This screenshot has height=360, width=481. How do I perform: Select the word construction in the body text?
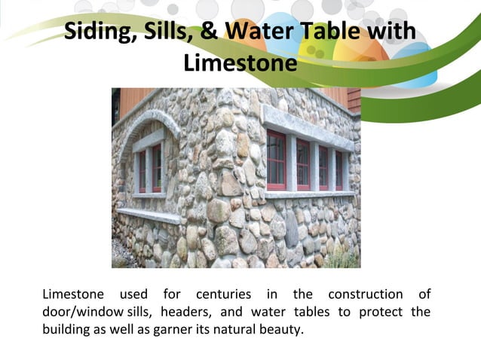(361, 294)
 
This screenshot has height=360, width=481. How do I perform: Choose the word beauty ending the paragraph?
(281, 330)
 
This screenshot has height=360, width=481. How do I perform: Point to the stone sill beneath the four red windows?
(310, 194)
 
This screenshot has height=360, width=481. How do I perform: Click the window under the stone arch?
(149, 169)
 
